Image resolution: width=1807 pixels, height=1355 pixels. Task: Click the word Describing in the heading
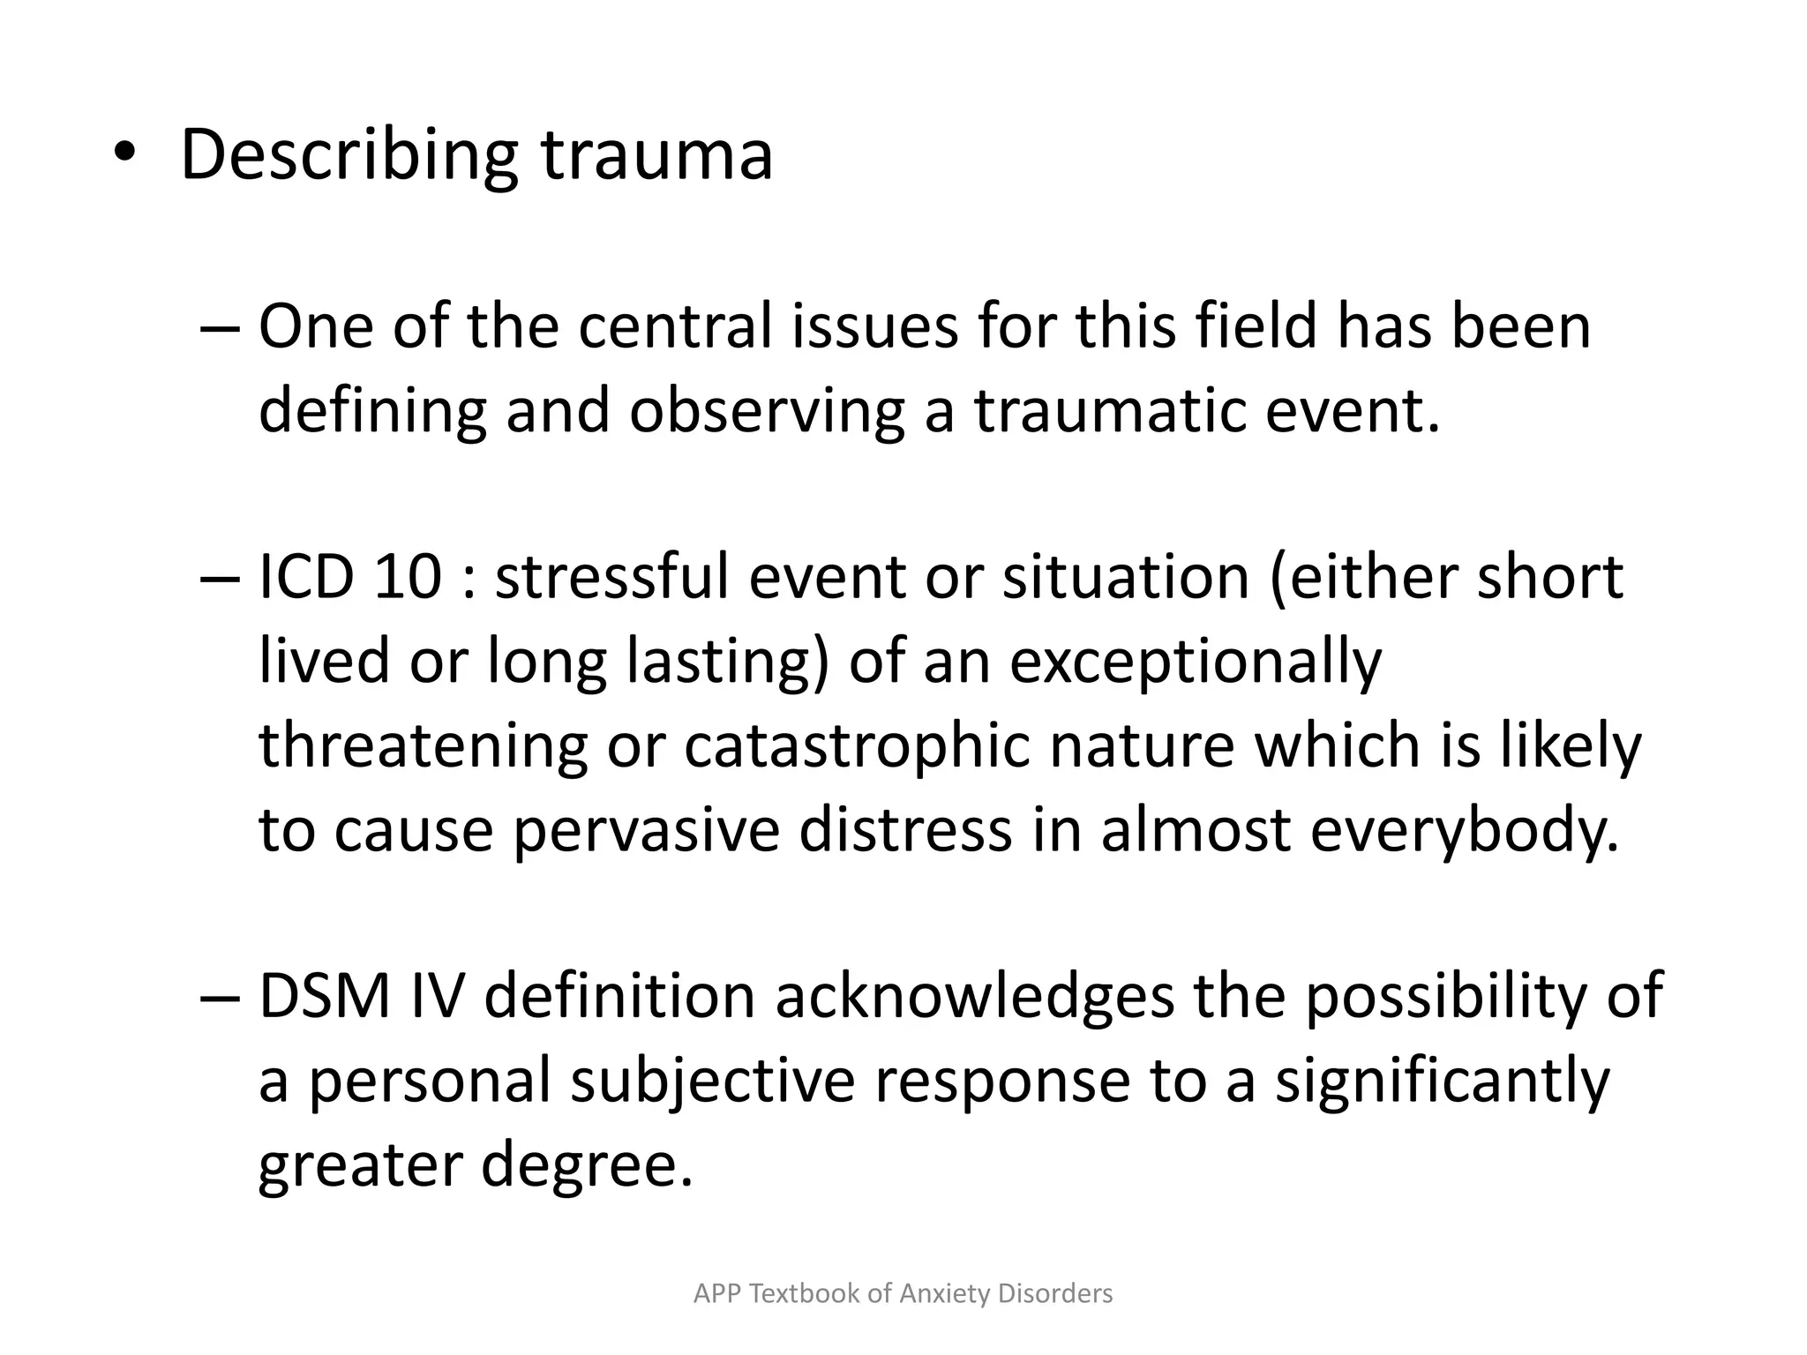click(349, 156)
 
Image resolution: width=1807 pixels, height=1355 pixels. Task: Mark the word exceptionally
click(1196, 662)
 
